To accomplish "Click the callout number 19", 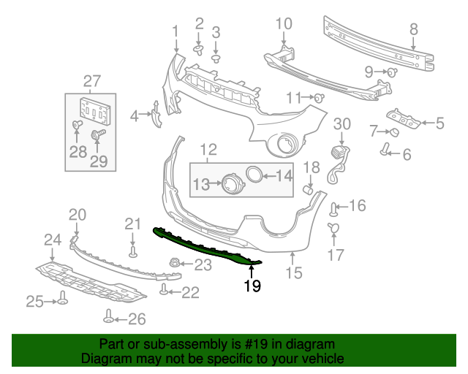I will [x=252, y=286].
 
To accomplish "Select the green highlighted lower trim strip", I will [x=205, y=247].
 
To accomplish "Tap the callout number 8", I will [x=413, y=30].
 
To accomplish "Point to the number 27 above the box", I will [x=91, y=80].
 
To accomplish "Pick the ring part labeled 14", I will [x=254, y=175].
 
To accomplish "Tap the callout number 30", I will [x=342, y=125].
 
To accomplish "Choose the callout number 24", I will [x=52, y=240].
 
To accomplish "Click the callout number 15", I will [x=293, y=274].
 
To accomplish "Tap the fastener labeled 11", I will [x=319, y=98].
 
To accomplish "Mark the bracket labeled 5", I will [x=401, y=118].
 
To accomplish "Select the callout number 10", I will [x=283, y=24].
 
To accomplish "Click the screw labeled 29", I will [x=96, y=135].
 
